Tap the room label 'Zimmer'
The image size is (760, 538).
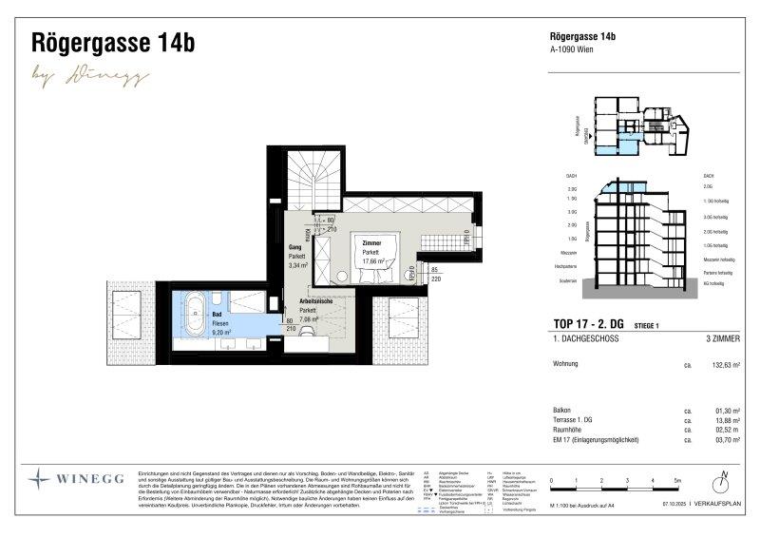(371, 243)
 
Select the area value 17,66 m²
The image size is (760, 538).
(372, 260)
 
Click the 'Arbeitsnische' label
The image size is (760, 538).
(308, 301)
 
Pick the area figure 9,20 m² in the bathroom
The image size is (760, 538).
(223, 333)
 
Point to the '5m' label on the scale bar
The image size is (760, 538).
(676, 481)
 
